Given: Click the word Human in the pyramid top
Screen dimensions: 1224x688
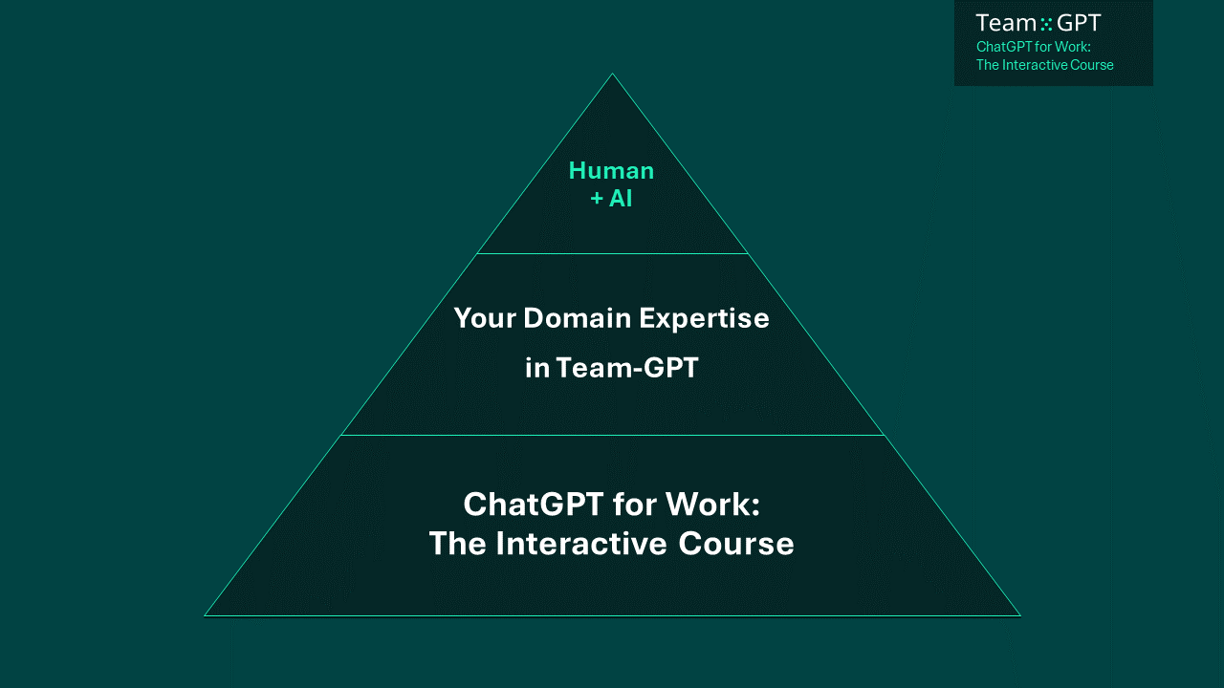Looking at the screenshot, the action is pyautogui.click(x=611, y=171).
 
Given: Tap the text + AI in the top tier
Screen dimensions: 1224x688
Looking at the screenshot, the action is pyautogui.click(x=611, y=198).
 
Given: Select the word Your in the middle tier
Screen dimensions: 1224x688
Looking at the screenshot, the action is pyautogui.click(x=485, y=318).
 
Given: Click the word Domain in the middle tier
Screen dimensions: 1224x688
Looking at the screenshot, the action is pyautogui.click(x=577, y=318).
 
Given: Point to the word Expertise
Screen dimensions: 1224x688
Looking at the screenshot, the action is pyautogui.click(x=705, y=319).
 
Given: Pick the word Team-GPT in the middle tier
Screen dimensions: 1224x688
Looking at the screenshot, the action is pyautogui.click(x=627, y=368).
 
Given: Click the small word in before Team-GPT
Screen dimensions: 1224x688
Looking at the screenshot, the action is pyautogui.click(x=537, y=368).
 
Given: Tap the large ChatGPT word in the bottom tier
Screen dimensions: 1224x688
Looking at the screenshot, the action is pyautogui.click(x=534, y=504).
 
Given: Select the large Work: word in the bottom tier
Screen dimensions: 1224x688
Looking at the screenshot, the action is pyautogui.click(x=713, y=504).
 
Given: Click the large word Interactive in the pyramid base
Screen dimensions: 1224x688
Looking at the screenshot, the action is pyautogui.click(x=581, y=544).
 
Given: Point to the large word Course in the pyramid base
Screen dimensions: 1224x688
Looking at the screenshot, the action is pyautogui.click(x=736, y=544).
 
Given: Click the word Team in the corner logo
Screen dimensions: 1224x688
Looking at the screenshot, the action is pyautogui.click(x=1007, y=24).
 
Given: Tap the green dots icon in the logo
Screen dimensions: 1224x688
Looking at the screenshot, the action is pyautogui.click(x=1046, y=24).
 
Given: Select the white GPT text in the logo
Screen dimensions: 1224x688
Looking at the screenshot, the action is pyautogui.click(x=1079, y=24).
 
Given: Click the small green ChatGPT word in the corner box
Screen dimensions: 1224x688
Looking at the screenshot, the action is pyautogui.click(x=1004, y=47).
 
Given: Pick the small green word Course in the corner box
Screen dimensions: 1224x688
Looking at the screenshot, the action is pyautogui.click(x=1092, y=65).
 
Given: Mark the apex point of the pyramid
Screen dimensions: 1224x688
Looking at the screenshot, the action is pyautogui.click(x=612, y=74).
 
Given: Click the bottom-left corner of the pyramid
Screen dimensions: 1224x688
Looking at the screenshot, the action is pyautogui.click(x=205, y=616).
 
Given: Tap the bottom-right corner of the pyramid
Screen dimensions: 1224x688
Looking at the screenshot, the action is pyautogui.click(x=1020, y=616).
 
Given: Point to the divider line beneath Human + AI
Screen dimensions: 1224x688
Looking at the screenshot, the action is pyautogui.click(x=612, y=253).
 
